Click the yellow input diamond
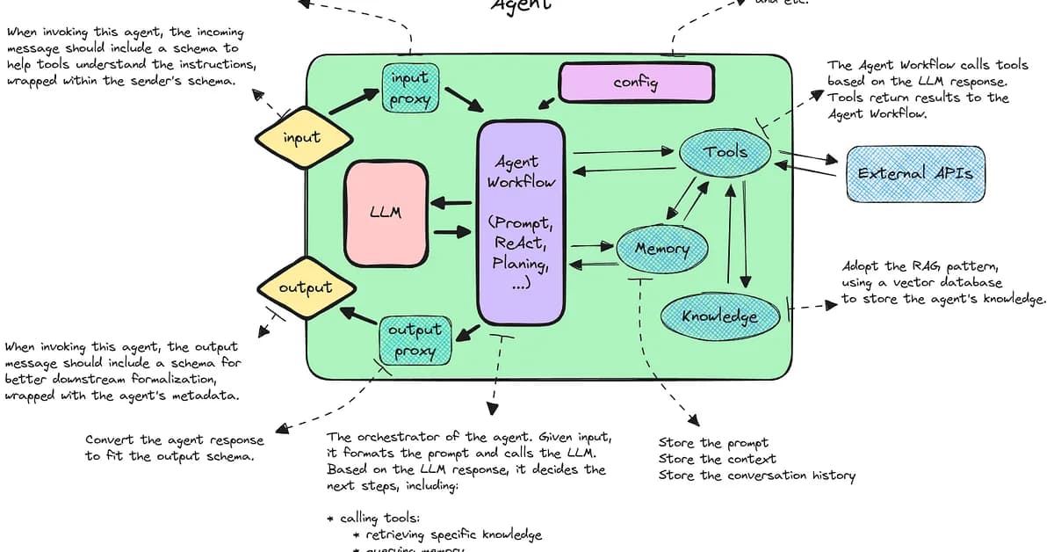pos(303,138)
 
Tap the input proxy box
pos(410,88)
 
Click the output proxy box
pos(415,341)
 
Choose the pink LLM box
pos(386,213)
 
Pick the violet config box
pos(636,84)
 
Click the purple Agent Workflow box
pos(521,222)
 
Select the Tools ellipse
pos(726,153)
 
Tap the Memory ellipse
pos(661,249)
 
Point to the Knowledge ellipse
pos(719,315)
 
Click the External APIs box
pos(915,173)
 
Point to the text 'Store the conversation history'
pos(756,476)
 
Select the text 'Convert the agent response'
pos(174,439)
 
